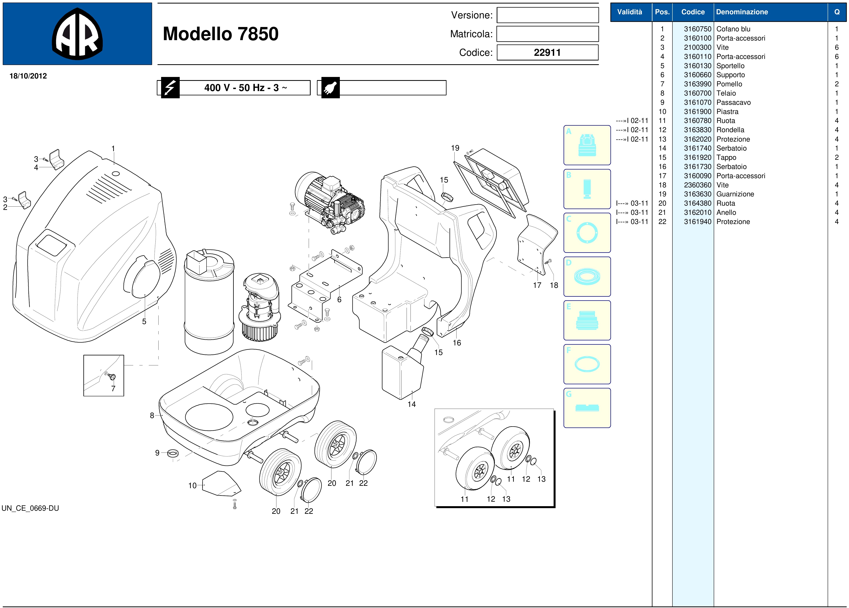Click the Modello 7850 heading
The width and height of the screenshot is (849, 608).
coord(221,34)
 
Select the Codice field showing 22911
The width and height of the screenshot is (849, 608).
coord(547,52)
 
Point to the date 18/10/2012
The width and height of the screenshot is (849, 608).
coord(28,76)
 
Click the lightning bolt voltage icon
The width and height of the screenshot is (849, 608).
coord(170,88)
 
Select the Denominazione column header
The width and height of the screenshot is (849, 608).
coord(742,12)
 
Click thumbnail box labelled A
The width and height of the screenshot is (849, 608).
coord(587,145)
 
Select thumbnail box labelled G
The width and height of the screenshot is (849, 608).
coord(587,408)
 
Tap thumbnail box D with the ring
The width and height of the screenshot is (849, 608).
coord(587,276)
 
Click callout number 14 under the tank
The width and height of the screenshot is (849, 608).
coord(412,404)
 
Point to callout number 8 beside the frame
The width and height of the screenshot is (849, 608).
coord(152,415)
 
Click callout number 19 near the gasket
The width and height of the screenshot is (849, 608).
coord(455,148)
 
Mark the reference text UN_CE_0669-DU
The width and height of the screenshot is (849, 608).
coord(30,508)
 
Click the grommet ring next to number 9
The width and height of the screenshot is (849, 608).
coord(172,454)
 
